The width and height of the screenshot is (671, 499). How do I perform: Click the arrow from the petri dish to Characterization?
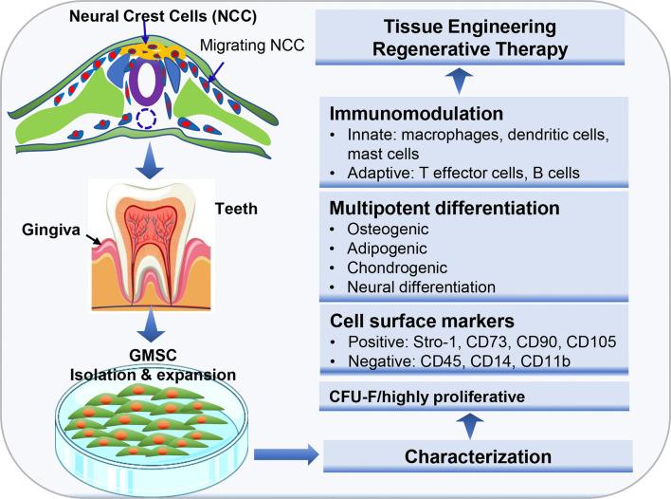click(x=290, y=456)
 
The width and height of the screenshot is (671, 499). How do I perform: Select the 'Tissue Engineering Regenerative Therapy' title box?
click(x=489, y=37)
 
